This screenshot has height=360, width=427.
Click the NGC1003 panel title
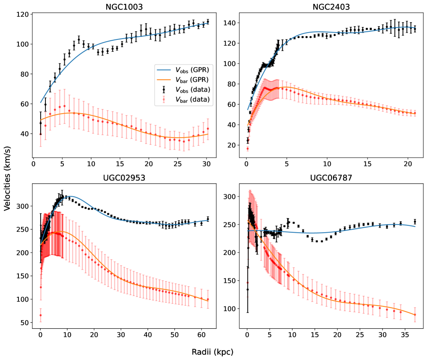(124, 7)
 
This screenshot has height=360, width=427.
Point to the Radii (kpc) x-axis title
(213, 351)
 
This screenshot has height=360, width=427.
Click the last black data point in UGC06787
(415, 222)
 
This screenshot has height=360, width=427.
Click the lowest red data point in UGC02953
(41, 315)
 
